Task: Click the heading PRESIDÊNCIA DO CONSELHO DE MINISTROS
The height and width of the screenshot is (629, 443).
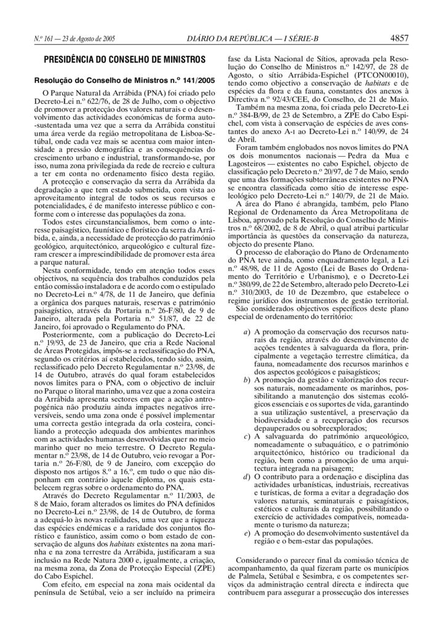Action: click(x=124, y=60)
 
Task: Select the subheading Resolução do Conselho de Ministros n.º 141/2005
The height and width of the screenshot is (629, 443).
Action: click(x=124, y=80)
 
